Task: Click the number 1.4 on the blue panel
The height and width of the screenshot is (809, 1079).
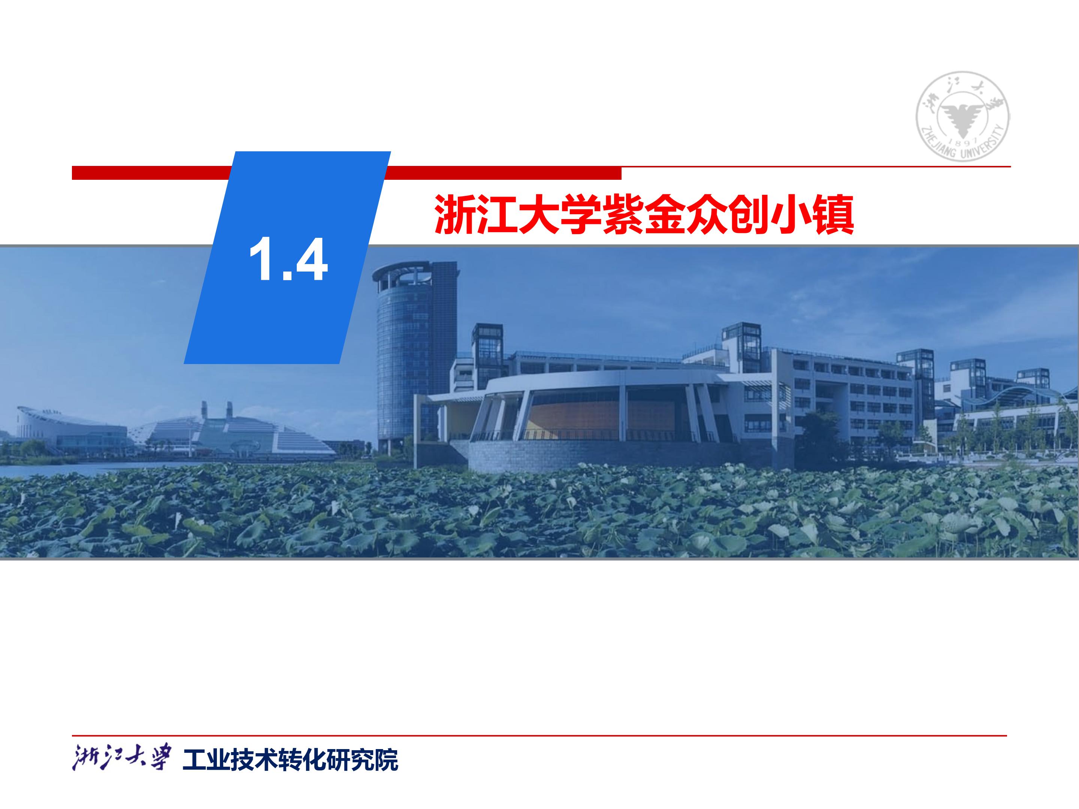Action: click(x=288, y=260)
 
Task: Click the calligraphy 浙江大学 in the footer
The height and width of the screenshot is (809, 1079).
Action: click(x=122, y=757)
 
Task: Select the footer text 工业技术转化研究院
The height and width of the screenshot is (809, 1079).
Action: click(x=290, y=760)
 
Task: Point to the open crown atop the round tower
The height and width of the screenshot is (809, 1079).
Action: click(x=403, y=276)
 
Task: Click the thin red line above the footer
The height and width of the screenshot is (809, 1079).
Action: click(x=539, y=735)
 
